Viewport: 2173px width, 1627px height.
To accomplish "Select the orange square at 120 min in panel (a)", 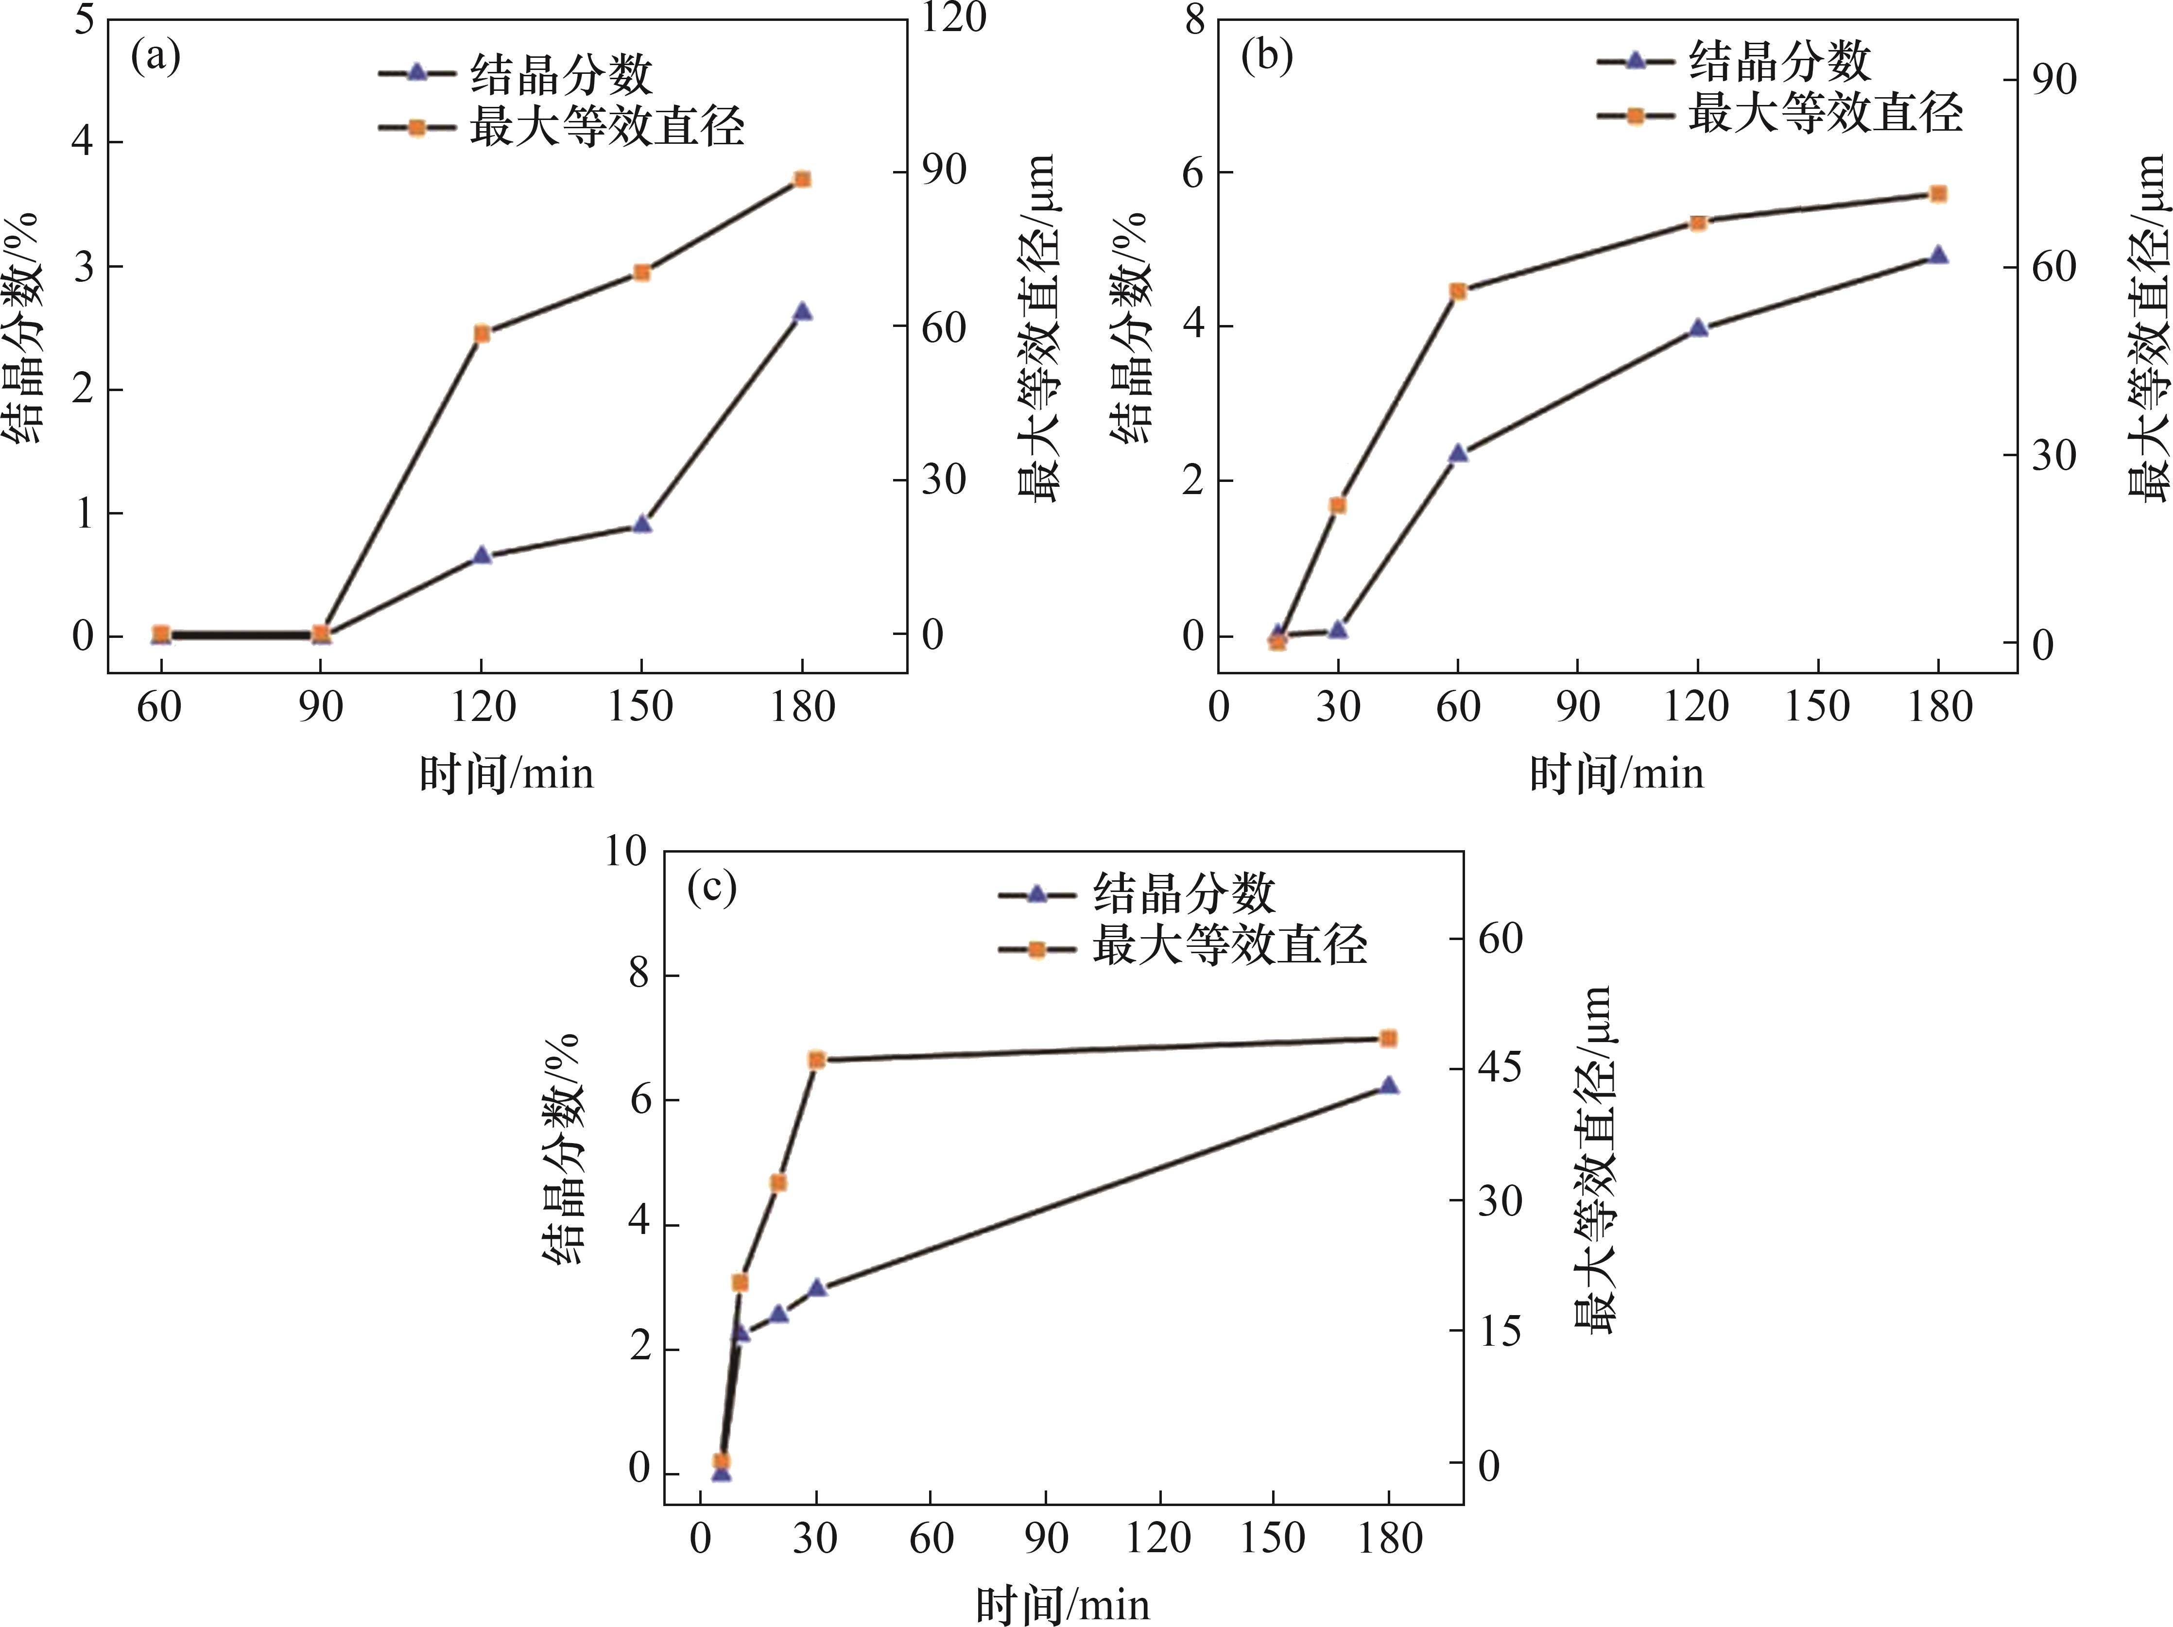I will [x=482, y=334].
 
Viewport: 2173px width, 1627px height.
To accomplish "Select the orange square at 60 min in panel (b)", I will [x=1458, y=291].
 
